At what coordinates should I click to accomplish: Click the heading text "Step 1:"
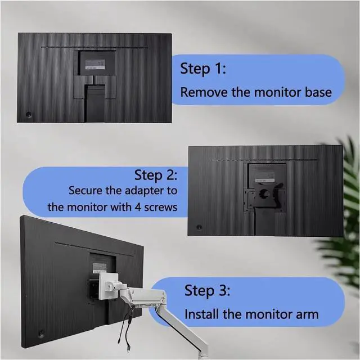point(203,69)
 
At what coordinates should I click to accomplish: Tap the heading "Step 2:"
point(156,175)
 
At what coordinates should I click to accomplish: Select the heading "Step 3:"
point(207,291)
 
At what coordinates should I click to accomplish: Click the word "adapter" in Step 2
point(142,191)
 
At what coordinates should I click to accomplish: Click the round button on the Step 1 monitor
point(29,115)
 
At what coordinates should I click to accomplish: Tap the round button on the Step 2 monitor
point(199,227)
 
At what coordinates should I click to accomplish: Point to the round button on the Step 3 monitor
point(41,333)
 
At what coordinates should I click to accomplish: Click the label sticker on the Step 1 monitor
point(95,65)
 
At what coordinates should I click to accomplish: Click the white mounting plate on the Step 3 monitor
point(109,286)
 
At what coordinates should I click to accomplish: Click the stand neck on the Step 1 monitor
point(95,103)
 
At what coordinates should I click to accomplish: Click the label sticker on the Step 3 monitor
point(100,268)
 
